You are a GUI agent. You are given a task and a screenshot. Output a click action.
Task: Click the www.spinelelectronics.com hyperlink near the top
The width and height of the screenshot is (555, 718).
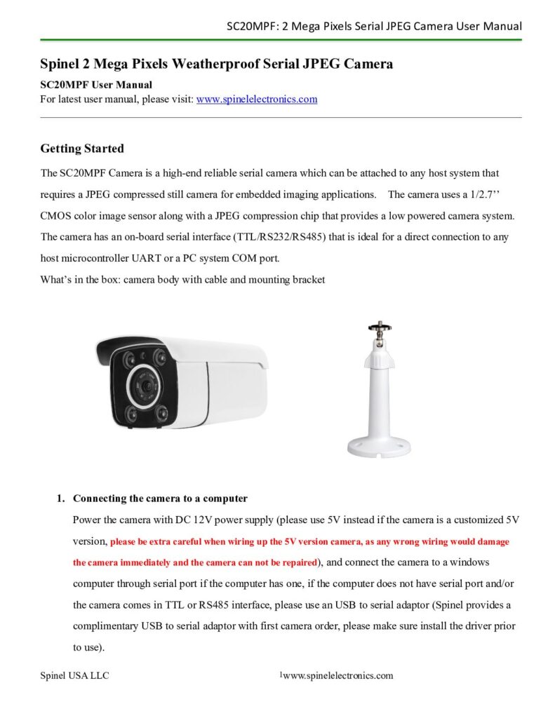click(257, 100)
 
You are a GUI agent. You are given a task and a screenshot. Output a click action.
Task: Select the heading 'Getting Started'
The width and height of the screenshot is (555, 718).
click(82, 149)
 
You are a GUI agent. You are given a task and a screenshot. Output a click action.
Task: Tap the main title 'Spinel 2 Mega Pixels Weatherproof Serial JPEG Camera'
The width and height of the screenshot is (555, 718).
click(216, 65)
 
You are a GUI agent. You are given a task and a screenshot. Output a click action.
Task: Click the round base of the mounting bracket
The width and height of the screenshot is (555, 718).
click(380, 447)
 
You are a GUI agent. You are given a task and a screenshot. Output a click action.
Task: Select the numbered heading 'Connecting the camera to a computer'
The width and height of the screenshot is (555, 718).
click(160, 499)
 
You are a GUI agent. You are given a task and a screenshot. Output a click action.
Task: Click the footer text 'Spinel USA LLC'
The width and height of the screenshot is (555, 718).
click(74, 676)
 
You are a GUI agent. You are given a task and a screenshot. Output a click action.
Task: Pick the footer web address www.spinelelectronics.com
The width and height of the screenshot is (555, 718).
click(337, 676)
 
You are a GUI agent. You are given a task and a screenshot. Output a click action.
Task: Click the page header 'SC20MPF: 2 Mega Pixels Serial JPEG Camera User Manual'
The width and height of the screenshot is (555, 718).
click(374, 27)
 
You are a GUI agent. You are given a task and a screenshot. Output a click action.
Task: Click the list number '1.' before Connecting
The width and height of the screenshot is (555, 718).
click(61, 499)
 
